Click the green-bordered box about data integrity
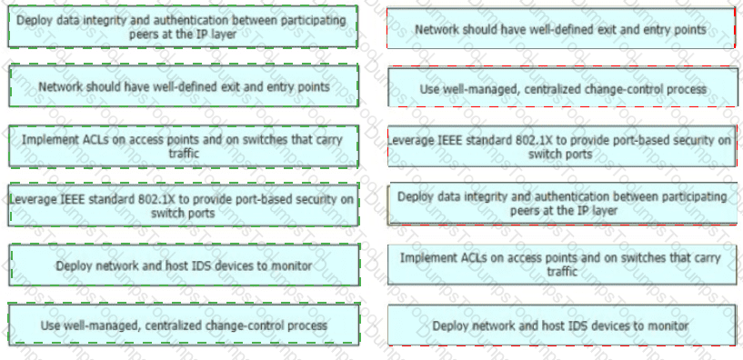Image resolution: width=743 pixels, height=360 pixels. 183,26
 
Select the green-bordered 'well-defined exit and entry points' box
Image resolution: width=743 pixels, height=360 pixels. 184,86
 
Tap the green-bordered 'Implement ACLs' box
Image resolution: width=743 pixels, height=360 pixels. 184,146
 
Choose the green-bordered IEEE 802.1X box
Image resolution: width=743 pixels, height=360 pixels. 184,205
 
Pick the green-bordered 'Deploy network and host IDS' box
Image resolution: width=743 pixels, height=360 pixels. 184,265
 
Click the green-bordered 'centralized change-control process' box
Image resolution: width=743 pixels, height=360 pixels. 184,325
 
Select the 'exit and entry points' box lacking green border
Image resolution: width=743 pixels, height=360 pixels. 560,28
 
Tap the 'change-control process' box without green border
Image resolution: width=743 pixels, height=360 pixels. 563,87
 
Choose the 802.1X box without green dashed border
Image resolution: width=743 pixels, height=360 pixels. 562,146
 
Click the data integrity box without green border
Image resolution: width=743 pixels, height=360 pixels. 562,205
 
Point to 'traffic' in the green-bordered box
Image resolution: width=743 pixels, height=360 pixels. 184,154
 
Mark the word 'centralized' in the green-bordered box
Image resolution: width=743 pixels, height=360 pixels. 174,325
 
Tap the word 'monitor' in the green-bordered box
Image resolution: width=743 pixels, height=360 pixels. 290,265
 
